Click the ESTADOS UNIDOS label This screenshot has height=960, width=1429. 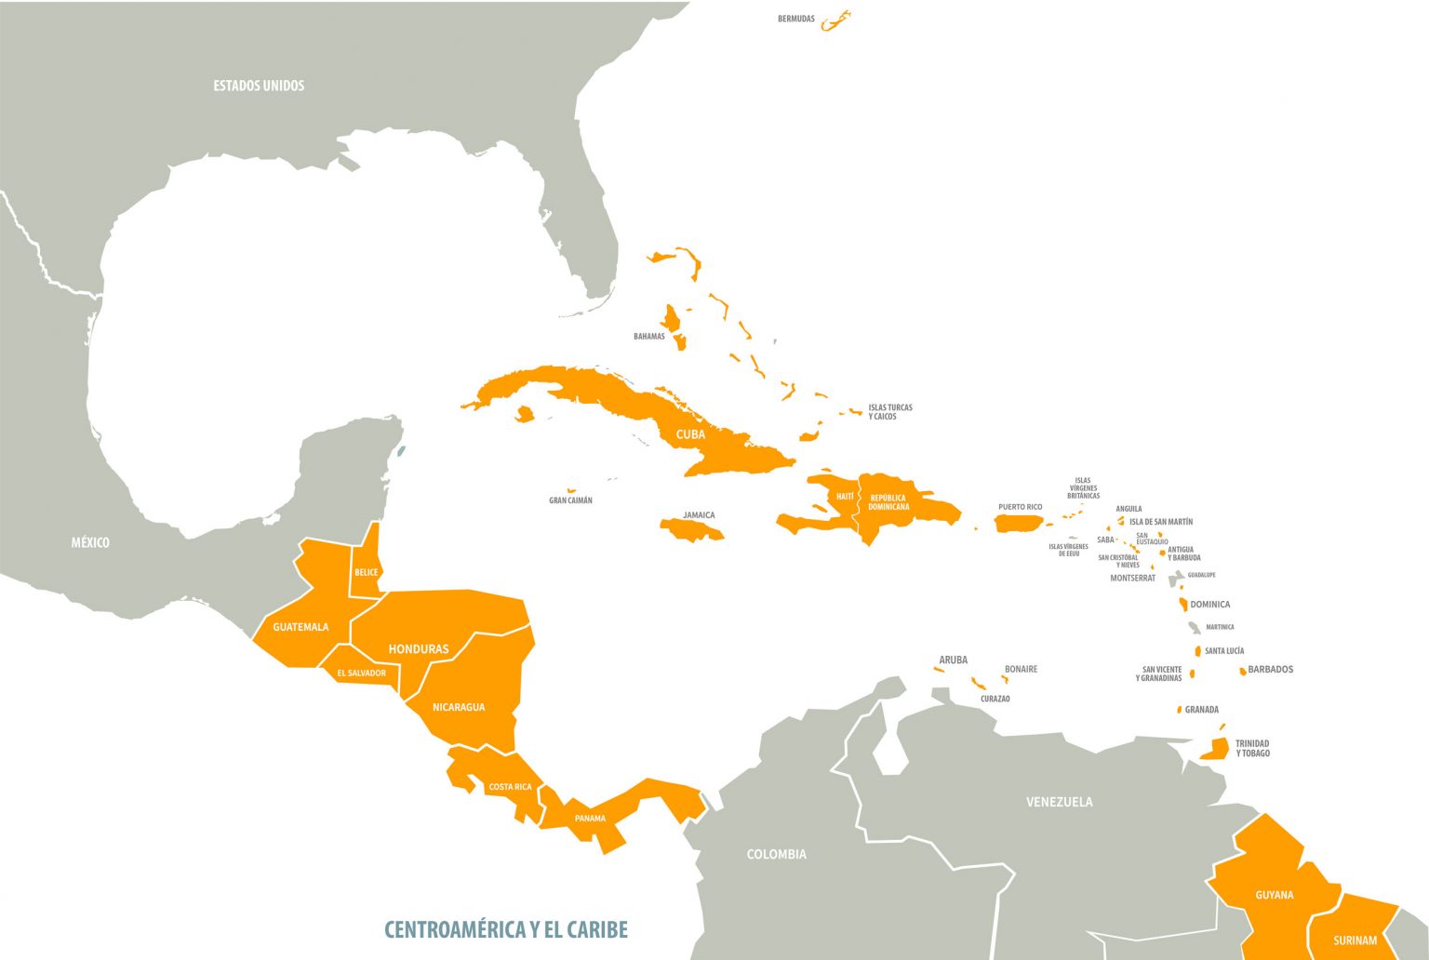click(x=259, y=86)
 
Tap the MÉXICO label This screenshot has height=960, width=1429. click(x=90, y=542)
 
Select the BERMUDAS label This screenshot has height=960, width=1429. click(x=796, y=19)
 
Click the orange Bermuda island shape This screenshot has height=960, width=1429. click(x=836, y=20)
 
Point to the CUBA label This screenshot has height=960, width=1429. click(x=690, y=434)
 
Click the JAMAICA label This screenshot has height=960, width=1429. click(x=699, y=514)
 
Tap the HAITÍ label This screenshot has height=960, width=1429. click(x=845, y=497)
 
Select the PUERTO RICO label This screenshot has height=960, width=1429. click(x=1020, y=507)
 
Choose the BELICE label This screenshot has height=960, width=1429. click(x=367, y=572)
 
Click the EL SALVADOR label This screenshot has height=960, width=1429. click(x=361, y=673)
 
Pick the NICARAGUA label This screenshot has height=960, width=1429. click(x=459, y=707)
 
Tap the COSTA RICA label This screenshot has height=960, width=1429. click(x=510, y=787)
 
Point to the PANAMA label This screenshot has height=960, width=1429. click(x=590, y=819)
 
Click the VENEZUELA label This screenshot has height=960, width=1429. click(x=1059, y=802)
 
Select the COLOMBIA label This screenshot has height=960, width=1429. click(x=776, y=854)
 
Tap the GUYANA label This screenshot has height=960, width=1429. click(x=1274, y=895)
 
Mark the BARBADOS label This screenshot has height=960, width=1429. click(x=1270, y=670)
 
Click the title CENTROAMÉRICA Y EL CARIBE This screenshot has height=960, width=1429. click(x=506, y=929)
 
